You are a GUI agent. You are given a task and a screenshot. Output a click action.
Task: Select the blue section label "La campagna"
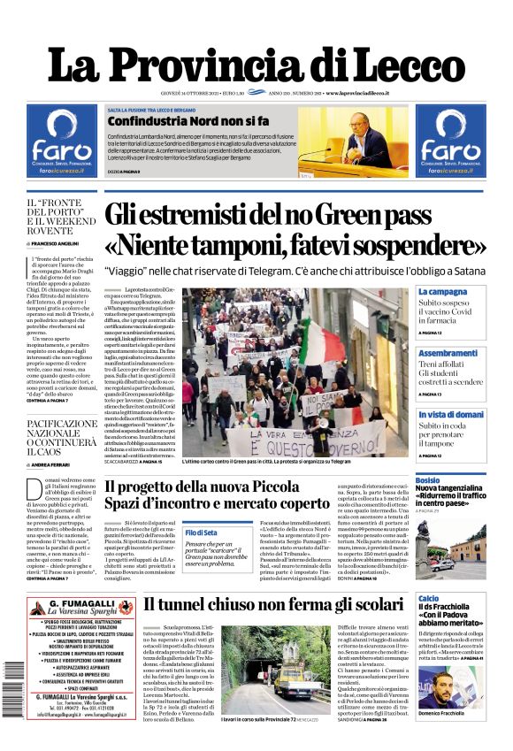[443, 292]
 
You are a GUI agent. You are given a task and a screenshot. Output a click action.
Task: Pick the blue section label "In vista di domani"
[451, 414]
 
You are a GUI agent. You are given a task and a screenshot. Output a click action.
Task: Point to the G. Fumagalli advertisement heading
[81, 609]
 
